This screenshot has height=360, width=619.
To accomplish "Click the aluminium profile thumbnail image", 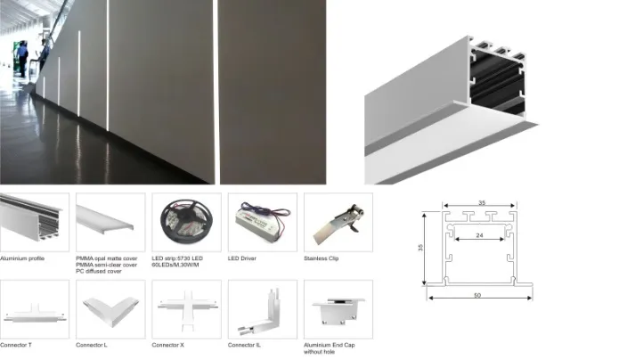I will [34, 221].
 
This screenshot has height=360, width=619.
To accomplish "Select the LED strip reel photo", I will [185, 221].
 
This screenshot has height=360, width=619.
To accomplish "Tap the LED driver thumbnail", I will [260, 221].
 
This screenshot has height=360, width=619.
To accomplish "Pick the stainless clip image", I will [338, 221].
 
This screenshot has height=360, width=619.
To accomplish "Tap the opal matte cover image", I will [110, 221].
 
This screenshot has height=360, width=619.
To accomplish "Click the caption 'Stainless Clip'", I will [324, 258].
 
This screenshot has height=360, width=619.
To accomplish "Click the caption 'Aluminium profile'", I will [23, 258].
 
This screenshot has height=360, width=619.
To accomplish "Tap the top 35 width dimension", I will [482, 203].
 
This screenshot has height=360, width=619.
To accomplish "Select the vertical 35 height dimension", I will [421, 249].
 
